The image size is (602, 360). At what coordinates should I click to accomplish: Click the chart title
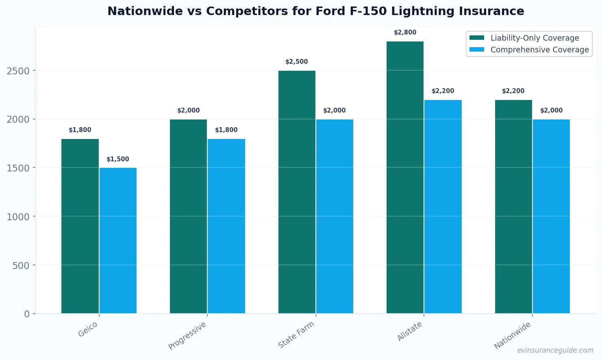click(315, 11)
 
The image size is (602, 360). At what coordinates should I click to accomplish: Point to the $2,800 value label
click(405, 33)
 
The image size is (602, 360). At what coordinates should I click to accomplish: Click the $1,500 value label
click(118, 159)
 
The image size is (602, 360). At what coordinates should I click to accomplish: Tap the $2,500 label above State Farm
click(296, 62)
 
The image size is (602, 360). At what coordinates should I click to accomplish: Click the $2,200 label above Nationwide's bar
click(513, 91)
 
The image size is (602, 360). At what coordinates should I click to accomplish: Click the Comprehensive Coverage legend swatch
click(477, 50)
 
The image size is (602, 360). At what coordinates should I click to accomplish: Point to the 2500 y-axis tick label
click(18, 71)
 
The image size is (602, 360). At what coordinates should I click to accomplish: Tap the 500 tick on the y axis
click(21, 266)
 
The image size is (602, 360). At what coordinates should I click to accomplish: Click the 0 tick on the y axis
click(27, 314)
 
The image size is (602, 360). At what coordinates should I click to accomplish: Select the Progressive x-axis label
click(187, 335)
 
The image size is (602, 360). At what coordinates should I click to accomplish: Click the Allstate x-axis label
click(410, 331)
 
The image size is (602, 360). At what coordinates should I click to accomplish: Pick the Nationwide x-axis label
click(512, 335)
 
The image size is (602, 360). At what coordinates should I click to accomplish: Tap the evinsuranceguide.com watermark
click(555, 350)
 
